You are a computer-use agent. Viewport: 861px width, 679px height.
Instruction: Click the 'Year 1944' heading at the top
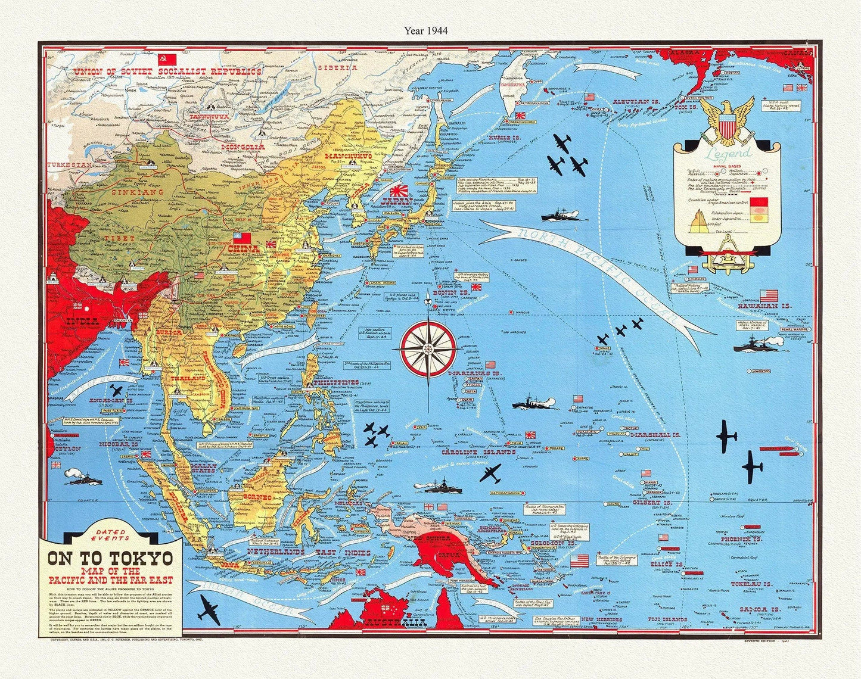pos(425,29)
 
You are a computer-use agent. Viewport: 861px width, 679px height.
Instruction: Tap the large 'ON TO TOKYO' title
pos(110,558)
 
